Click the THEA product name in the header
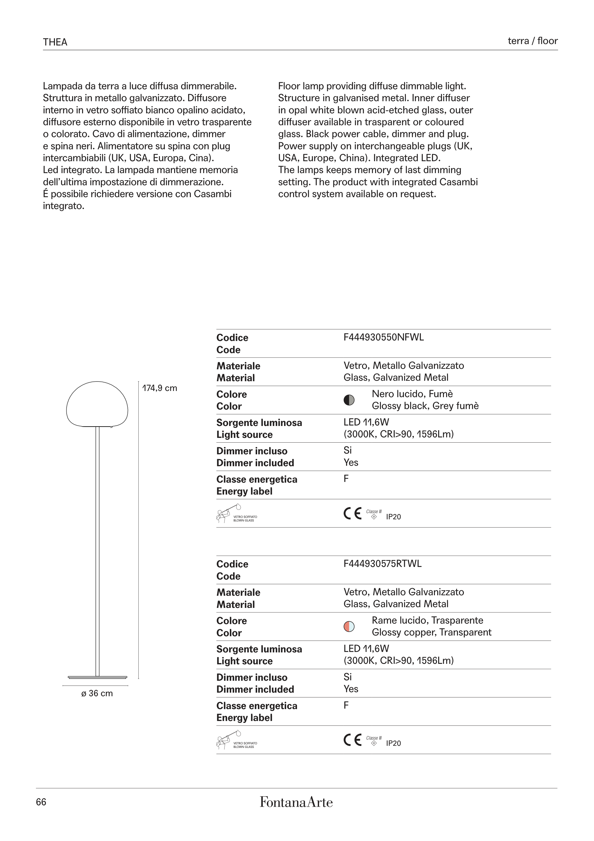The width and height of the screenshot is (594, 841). [x=55, y=42]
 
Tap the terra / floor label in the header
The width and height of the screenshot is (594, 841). [x=533, y=41]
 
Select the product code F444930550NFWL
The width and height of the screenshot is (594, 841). [x=383, y=337]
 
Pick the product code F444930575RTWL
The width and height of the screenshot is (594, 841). [x=383, y=564]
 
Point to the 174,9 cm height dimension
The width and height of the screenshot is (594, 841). [x=160, y=388]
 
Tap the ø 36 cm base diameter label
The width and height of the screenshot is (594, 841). [x=97, y=693]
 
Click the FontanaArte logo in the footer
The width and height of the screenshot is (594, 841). [x=296, y=802]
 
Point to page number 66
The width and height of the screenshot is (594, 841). [x=41, y=802]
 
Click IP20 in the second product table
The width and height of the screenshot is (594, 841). [x=393, y=743]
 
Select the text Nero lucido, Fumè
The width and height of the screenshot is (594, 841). [x=412, y=394]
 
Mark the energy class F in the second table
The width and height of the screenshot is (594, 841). [x=346, y=705]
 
